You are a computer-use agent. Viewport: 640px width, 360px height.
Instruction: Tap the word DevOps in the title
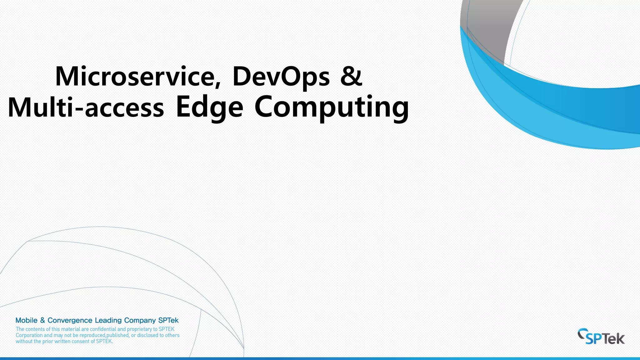(281, 76)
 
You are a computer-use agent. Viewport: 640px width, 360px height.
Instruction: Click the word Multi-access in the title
(86, 107)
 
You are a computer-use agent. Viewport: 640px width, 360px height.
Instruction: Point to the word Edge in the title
(209, 107)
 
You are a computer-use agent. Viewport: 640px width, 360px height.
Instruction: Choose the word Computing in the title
(332, 107)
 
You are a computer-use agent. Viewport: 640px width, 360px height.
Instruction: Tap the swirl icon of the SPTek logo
(582, 334)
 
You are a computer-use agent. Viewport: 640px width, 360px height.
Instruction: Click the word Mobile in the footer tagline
(27, 320)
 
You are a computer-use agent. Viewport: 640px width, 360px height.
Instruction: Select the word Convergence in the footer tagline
(70, 320)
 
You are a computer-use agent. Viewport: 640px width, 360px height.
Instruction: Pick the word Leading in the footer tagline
(108, 320)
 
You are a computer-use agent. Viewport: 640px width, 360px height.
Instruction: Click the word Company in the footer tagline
(140, 320)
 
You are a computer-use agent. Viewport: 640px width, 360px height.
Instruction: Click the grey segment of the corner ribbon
(487, 28)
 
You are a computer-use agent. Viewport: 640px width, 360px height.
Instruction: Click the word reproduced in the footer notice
(92, 335)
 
